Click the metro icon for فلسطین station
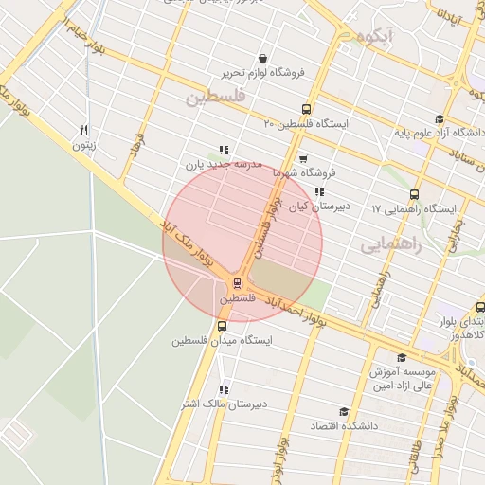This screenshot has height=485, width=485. pyautogui.click(x=238, y=282)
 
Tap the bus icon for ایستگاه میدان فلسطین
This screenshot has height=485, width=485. pyautogui.click(x=223, y=325)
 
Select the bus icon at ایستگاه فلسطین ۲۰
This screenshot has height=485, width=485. pyautogui.click(x=305, y=109)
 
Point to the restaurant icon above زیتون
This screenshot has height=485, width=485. pyautogui.click(x=84, y=131)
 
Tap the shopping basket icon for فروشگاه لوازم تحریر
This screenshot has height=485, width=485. pyautogui.click(x=261, y=58)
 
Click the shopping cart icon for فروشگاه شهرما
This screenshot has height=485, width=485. pyautogui.click(x=302, y=159)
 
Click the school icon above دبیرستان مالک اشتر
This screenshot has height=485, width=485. pyautogui.click(x=224, y=389)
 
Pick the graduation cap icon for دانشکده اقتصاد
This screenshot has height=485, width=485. pyautogui.click(x=343, y=412)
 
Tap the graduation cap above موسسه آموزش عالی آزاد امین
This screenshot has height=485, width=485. pyautogui.click(x=401, y=357)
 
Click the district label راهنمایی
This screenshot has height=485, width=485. pyautogui.click(x=387, y=244)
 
